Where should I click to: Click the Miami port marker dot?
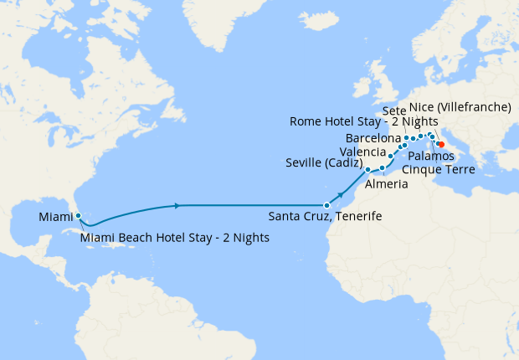[x=78, y=216]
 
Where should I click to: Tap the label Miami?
[x=55, y=219]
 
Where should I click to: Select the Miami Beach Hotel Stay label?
[x=175, y=237]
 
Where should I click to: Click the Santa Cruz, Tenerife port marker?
[x=327, y=205]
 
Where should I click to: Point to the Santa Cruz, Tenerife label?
[x=325, y=217]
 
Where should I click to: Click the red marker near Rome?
[x=441, y=144]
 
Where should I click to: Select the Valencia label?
[x=363, y=152]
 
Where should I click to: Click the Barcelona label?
[x=373, y=137]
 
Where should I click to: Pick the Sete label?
[x=394, y=111]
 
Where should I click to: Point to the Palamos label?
[x=432, y=157]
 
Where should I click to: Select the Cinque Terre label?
[x=439, y=170]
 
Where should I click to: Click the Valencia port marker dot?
[x=391, y=156]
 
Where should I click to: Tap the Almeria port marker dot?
[x=382, y=168]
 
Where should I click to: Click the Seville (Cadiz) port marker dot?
[x=367, y=170]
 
